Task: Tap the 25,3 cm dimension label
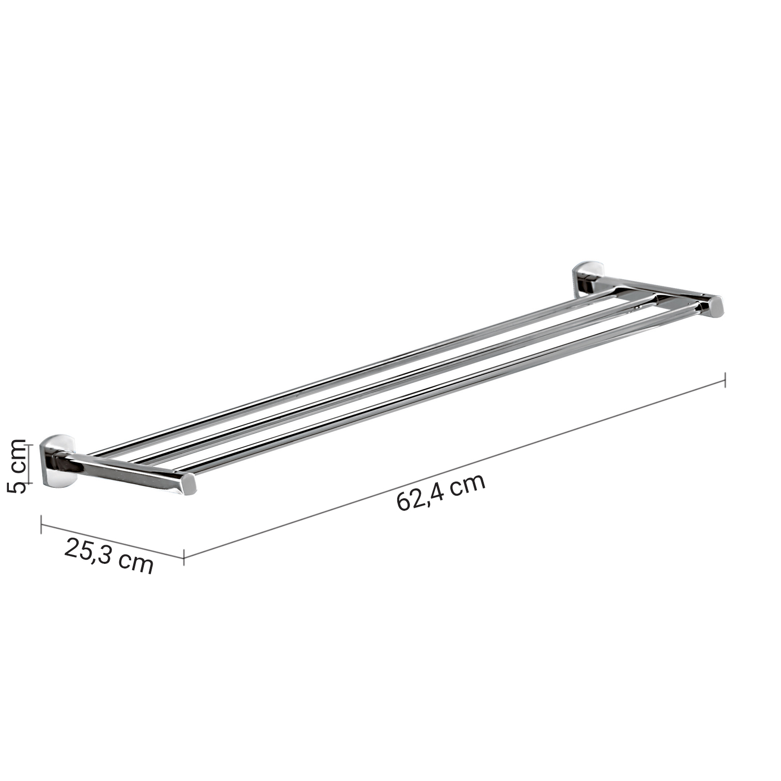click(x=109, y=556)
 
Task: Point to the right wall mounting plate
click(x=586, y=280)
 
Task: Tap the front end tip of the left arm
click(x=188, y=484)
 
